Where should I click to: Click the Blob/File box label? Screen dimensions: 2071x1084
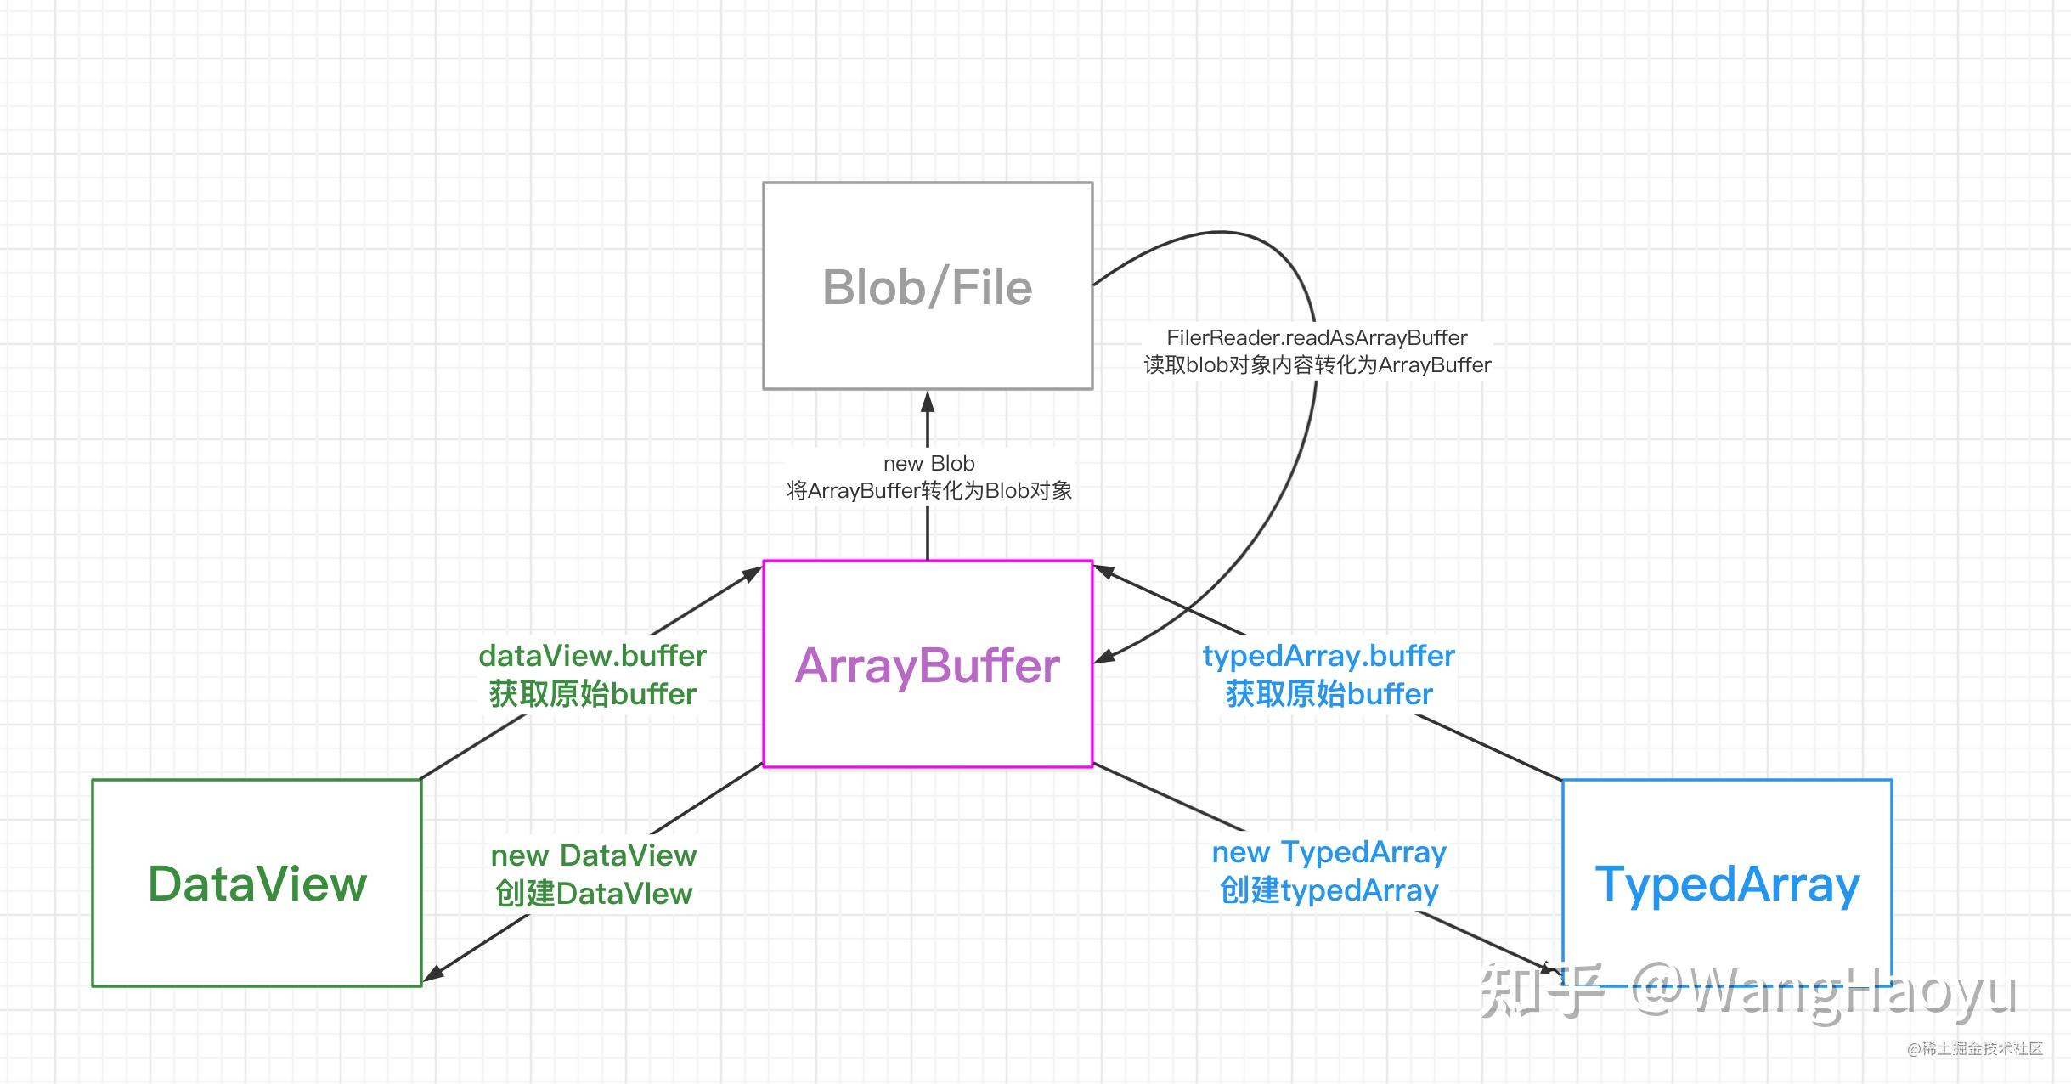coord(927,287)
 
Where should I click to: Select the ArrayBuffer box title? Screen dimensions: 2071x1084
coord(927,665)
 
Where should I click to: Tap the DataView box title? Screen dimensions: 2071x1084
coord(257,884)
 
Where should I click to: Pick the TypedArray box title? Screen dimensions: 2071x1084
coord(1727,885)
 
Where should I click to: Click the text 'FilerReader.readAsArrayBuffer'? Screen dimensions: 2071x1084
coord(1317,337)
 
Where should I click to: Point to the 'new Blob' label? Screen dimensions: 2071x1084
coord(928,463)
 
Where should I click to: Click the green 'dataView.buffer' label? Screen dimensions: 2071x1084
coord(592,656)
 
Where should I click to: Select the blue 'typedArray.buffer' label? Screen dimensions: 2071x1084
coord(1329,657)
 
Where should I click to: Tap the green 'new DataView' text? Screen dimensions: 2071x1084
coord(594,855)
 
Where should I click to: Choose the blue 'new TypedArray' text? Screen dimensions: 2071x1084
coord(1329,852)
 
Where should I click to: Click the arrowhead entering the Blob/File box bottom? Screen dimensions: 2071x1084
coord(928,401)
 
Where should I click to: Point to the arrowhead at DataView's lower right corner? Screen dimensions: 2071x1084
coord(432,974)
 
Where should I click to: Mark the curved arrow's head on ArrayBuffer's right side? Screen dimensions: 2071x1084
coord(1103,656)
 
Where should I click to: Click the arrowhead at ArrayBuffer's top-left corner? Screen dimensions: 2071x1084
coord(752,574)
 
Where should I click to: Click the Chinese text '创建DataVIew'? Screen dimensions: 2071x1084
coord(594,894)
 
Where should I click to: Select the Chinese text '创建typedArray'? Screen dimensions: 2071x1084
coord(1329,890)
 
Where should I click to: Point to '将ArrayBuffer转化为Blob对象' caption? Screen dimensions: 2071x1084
coord(928,490)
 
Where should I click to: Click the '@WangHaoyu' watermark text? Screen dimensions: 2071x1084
coord(1825,991)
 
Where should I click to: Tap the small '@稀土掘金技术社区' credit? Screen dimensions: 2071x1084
coord(1975,1048)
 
